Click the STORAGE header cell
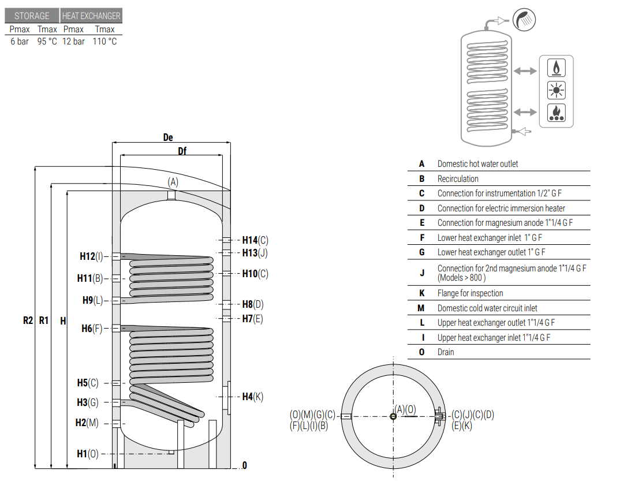tap(32, 16)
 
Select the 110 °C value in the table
tap(105, 42)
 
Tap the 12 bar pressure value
tap(74, 42)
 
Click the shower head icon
tap(524, 19)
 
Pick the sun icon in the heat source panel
tap(557, 90)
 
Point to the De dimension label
tap(168, 137)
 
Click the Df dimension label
tap(182, 151)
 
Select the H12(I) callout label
tap(91, 256)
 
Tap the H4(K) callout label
tap(253, 397)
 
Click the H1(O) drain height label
tap(88, 454)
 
